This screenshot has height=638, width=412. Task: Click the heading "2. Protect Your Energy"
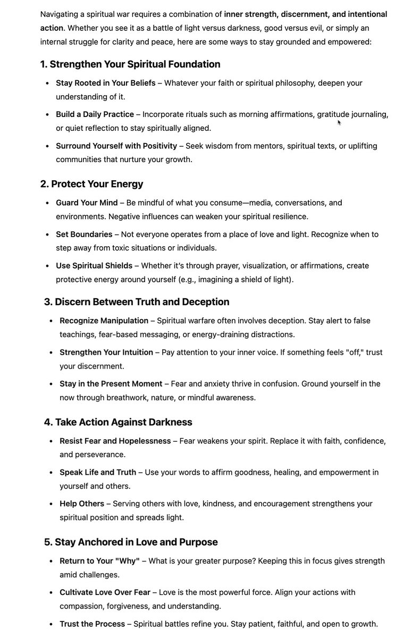tap(91, 184)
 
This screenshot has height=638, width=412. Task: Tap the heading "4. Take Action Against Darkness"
tap(118, 422)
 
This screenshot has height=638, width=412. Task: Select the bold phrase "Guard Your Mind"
tap(87, 203)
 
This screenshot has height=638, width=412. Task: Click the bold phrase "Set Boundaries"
tap(84, 234)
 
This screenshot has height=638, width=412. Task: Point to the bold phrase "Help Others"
tap(82, 503)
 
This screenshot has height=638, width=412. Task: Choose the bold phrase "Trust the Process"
tap(93, 624)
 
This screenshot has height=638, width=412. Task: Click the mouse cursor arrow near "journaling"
tap(339, 123)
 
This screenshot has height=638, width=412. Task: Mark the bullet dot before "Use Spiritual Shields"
tap(48, 266)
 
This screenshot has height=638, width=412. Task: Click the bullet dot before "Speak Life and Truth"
tap(52, 472)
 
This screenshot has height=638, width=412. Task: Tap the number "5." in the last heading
tap(48, 542)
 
